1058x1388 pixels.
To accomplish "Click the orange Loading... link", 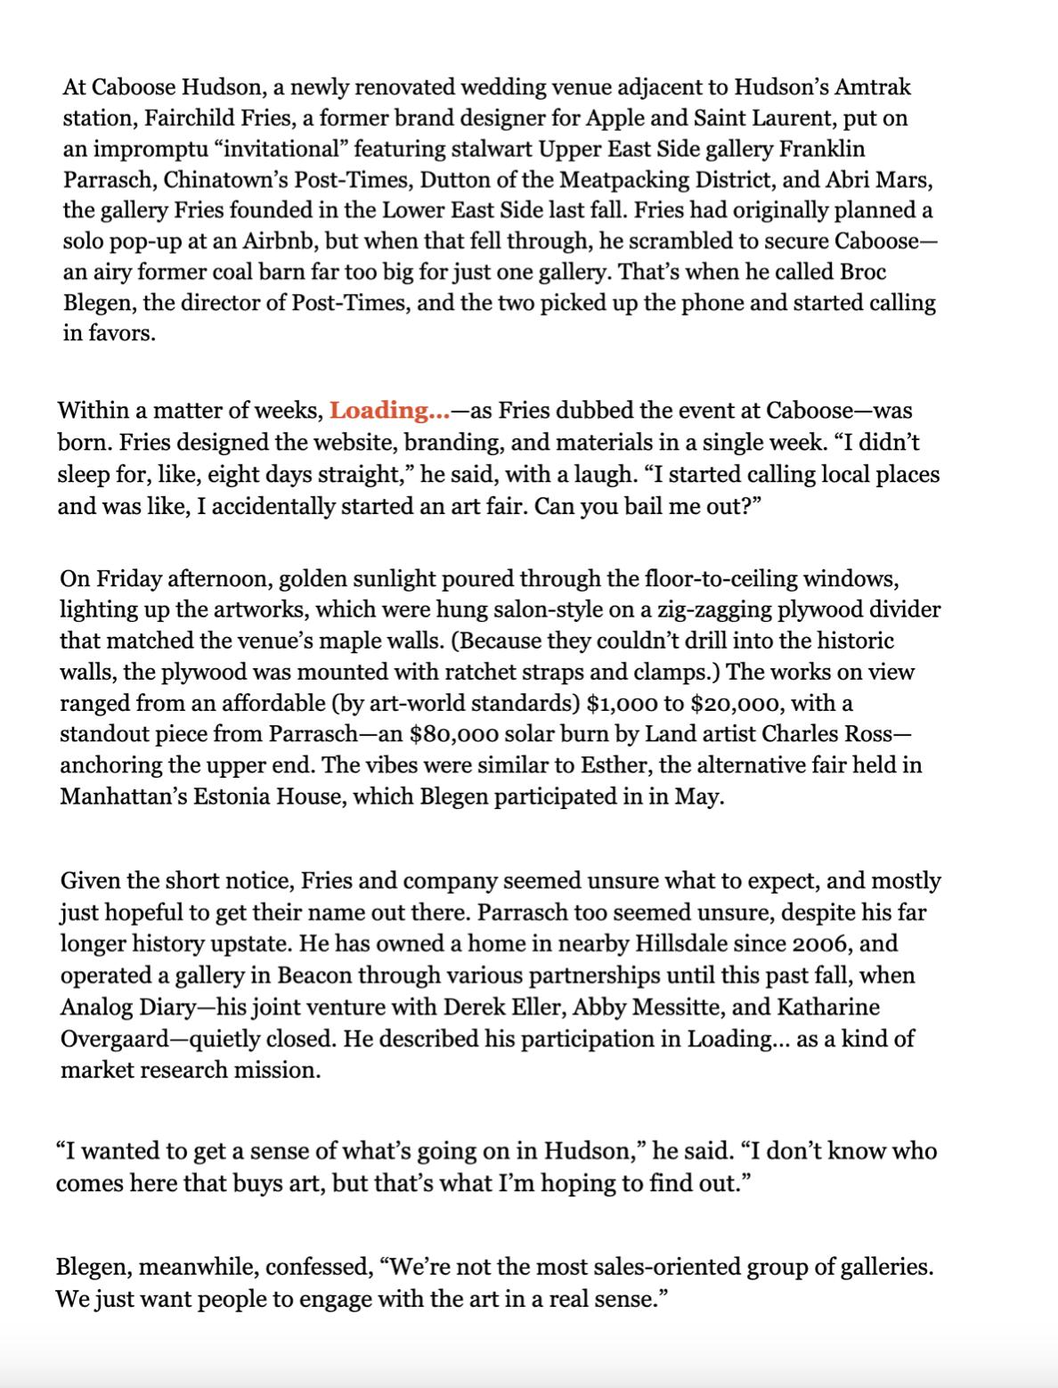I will (x=389, y=411).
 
